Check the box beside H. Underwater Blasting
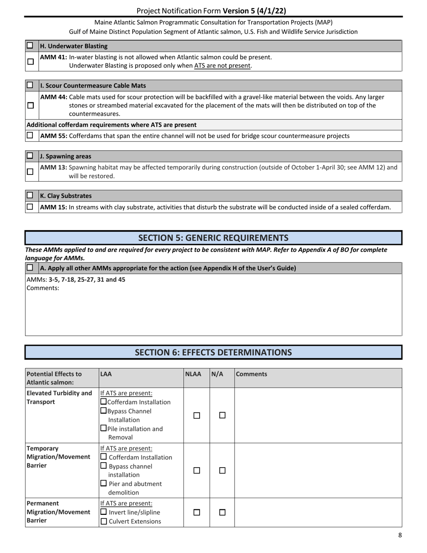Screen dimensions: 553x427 point(30,46)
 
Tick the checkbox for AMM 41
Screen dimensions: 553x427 point(30,62)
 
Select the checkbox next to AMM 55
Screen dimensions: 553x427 point(30,135)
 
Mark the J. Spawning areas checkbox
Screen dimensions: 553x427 point(30,156)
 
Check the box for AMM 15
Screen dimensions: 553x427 point(30,207)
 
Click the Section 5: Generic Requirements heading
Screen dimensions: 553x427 point(213,238)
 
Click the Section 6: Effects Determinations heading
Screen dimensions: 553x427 point(213,352)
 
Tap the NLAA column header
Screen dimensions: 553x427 point(193,374)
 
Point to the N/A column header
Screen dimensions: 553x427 point(217,374)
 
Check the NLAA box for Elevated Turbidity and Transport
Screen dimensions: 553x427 point(196,416)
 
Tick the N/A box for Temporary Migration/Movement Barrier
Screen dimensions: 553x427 point(222,470)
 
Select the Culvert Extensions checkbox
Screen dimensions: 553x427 point(104,522)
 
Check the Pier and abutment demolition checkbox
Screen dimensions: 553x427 point(104,483)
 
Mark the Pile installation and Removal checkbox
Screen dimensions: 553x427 point(104,428)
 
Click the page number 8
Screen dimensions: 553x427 point(400,535)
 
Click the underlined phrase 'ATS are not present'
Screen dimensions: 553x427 point(222,66)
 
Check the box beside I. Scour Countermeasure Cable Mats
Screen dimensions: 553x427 point(30,85)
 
